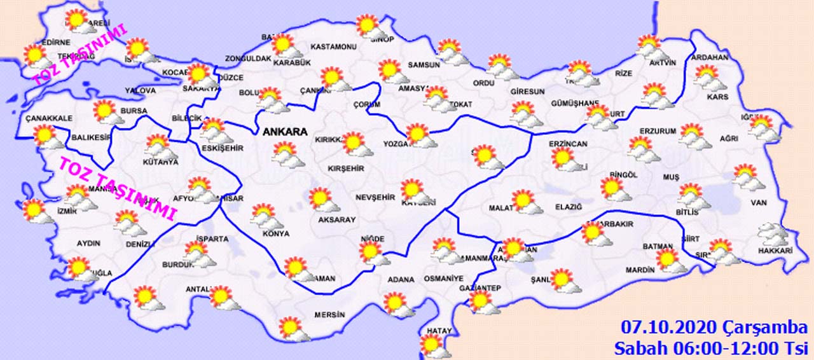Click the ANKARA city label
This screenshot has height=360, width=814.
[x=285, y=132]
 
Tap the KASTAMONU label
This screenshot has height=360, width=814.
[x=334, y=47]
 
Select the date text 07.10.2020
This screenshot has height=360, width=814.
[x=669, y=328]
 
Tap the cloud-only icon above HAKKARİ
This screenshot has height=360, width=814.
[x=771, y=235]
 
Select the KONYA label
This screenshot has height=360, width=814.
[x=275, y=233]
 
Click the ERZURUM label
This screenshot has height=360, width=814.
[x=658, y=131]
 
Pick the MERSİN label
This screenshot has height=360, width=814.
[x=329, y=315]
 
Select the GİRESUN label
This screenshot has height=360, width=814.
[x=527, y=92]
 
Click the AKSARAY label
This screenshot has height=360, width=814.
[x=336, y=219]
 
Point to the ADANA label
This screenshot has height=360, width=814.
[x=401, y=279]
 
